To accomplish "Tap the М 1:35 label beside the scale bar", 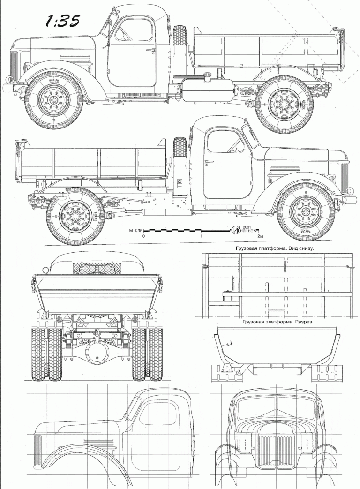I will tap(135, 231).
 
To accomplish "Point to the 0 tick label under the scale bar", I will tap(144, 237).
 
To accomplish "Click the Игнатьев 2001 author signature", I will tap(245, 230).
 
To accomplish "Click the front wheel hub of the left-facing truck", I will tap(54, 101).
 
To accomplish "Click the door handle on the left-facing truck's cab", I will tap(150, 50).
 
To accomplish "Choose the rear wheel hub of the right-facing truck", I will tap(75, 216).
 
